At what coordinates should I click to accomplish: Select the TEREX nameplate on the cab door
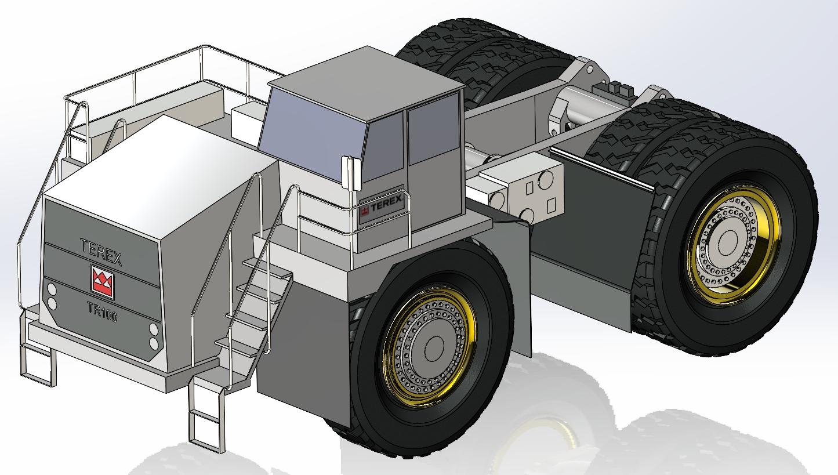(382, 207)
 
